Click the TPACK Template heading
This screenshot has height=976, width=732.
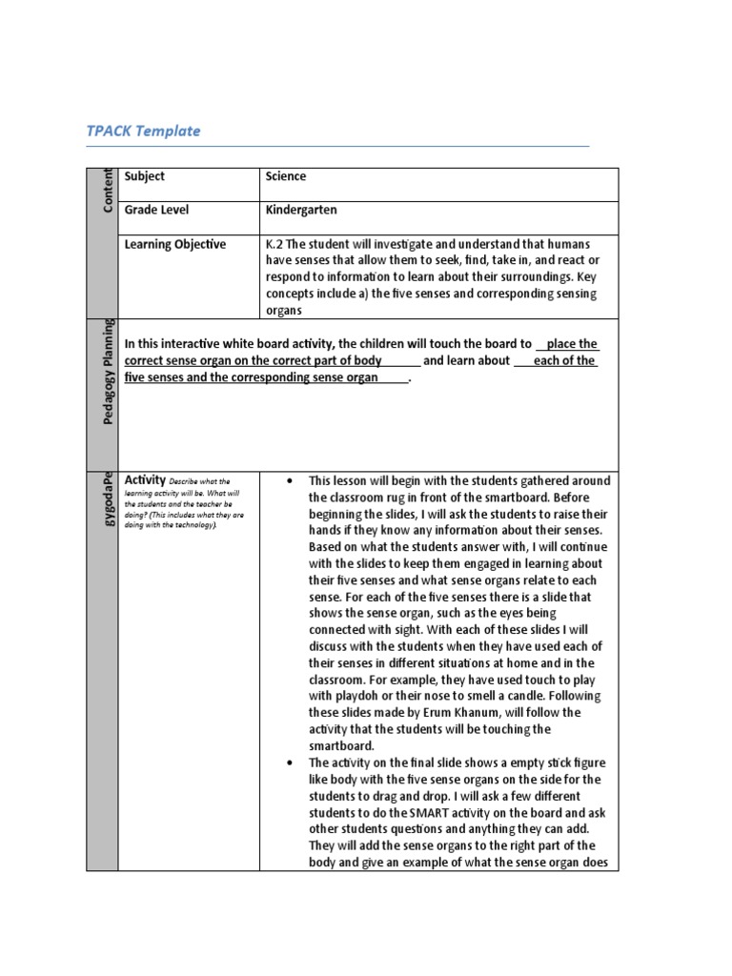tap(143, 131)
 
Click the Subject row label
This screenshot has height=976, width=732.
tap(145, 176)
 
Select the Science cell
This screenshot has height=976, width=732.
tap(286, 176)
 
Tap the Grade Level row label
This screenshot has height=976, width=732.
tap(156, 210)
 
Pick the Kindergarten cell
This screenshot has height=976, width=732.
tap(301, 210)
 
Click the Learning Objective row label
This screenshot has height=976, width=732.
tap(175, 244)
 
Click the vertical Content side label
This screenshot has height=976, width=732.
tap(106, 190)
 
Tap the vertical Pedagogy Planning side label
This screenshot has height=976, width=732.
tap(106, 372)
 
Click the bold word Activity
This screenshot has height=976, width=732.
tap(146, 480)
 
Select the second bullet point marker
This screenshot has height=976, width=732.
tap(289, 763)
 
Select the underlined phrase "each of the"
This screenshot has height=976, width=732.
tap(564, 361)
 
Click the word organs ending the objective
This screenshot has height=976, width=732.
tap(284, 310)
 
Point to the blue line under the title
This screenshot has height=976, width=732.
tap(337, 147)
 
